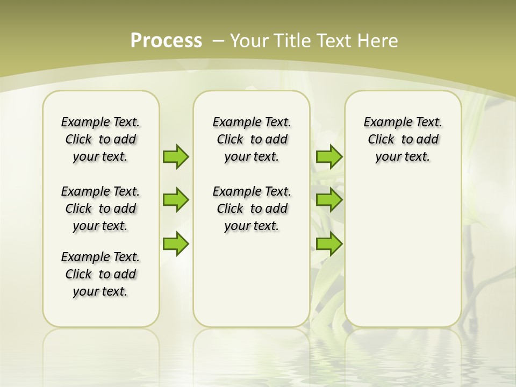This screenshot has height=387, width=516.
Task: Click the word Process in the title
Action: (x=166, y=41)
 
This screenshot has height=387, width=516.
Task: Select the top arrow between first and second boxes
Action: (x=176, y=156)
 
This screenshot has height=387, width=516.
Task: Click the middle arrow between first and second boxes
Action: (x=176, y=200)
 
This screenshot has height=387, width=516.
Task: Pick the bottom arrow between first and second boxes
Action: (x=176, y=243)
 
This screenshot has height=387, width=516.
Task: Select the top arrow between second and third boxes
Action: (x=329, y=156)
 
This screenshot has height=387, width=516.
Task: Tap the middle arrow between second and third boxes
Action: (x=329, y=200)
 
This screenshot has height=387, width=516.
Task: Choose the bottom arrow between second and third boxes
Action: (x=329, y=243)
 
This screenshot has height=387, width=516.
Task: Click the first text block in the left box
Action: (x=101, y=139)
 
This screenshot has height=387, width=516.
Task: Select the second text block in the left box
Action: (x=101, y=209)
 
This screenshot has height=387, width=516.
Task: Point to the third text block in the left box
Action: (x=101, y=274)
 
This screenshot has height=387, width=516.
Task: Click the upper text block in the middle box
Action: (x=252, y=139)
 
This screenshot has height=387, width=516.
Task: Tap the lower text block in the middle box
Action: (x=252, y=209)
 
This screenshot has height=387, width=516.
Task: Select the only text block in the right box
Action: (x=403, y=139)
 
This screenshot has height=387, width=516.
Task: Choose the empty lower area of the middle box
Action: (x=252, y=279)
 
